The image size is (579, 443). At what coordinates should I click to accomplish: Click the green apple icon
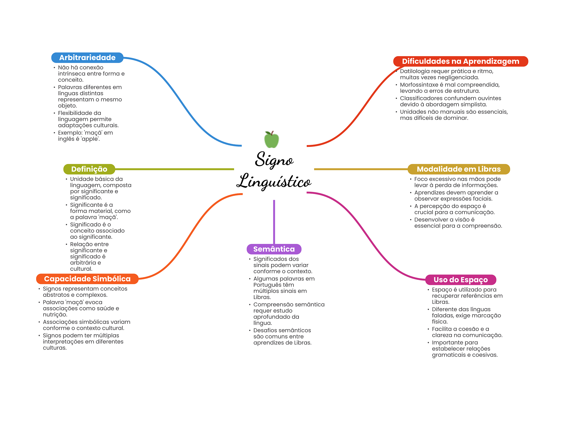(x=271, y=139)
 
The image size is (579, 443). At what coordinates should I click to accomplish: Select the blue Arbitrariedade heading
(x=87, y=58)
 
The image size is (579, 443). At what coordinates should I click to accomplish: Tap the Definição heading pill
(x=89, y=169)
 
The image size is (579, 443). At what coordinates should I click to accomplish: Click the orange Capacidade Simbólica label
(x=87, y=279)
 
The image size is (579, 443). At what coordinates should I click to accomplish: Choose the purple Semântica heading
(x=274, y=249)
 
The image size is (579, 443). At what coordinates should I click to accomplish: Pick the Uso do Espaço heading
(x=461, y=280)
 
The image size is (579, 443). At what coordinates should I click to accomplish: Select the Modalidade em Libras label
(x=459, y=169)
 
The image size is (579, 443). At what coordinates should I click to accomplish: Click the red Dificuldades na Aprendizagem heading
(x=461, y=61)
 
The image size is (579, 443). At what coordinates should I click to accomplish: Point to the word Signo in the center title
(x=274, y=160)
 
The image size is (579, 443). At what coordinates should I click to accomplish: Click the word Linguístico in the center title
(x=274, y=181)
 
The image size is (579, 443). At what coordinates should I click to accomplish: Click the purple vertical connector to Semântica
(x=274, y=222)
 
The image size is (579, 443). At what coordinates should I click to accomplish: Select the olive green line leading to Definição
(x=175, y=169)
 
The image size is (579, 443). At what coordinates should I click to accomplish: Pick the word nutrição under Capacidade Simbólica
(x=55, y=315)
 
